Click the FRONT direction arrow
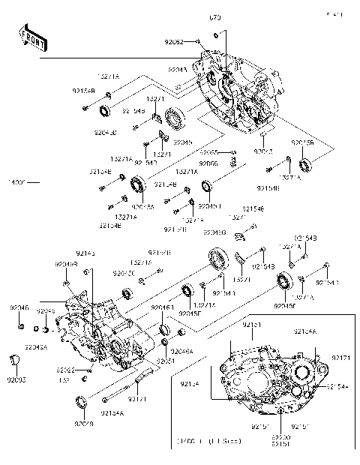point(31,39)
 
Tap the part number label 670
point(217,16)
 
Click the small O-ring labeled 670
point(217,34)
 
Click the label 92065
point(208,152)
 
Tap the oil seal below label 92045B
point(304,164)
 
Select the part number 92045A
point(142,206)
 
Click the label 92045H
point(210,205)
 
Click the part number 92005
point(14,380)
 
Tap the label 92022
point(64,370)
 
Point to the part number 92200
point(281,436)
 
